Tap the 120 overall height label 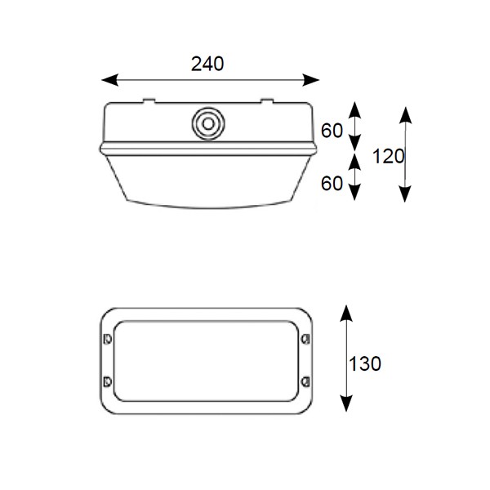pos(389,156)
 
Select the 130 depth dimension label pos(364,364)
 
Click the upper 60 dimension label pos(332,131)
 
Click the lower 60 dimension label pos(332,184)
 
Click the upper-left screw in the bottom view pos(106,338)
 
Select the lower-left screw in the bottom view pos(106,380)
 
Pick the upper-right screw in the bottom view pos(305,338)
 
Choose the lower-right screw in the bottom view pos(305,380)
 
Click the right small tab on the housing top pos(267,102)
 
